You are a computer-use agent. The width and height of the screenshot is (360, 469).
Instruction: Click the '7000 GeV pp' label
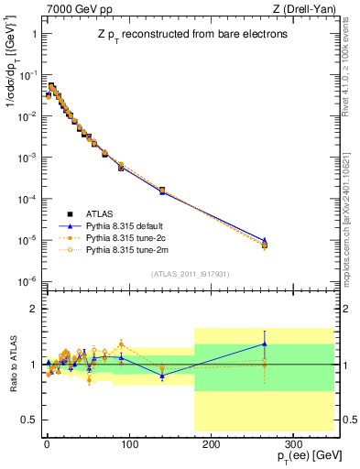pos(73,8)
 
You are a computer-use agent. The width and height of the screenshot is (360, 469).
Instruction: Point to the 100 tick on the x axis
pos(128,442)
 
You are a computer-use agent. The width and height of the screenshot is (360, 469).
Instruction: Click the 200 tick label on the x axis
pos(210,442)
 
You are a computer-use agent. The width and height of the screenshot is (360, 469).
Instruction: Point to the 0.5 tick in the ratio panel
pos(29,420)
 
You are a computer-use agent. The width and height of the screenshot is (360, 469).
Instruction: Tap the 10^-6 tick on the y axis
pos(27,281)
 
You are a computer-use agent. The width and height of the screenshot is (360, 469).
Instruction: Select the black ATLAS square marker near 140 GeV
pos(162,191)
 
